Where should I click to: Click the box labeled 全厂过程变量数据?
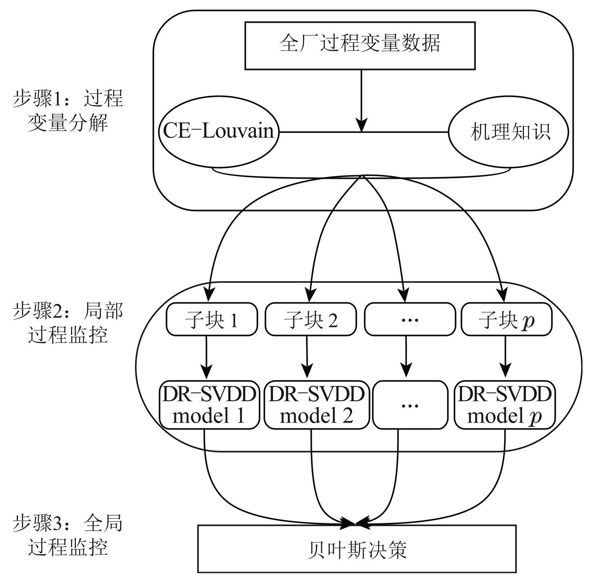[360, 45]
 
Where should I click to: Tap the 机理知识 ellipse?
[509, 132]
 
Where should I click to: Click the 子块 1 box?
[212, 320]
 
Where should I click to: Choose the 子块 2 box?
[311, 320]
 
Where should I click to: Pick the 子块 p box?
[506, 320]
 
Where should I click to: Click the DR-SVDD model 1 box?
[209, 405]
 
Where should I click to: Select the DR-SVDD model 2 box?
[316, 405]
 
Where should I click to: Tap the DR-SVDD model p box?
[504, 405]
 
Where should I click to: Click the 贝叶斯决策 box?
[357, 549]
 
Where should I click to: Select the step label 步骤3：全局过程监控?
[68, 535]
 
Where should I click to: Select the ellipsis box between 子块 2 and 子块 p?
[410, 320]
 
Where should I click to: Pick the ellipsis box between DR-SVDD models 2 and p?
[410, 405]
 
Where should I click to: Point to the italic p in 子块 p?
[528, 321]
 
